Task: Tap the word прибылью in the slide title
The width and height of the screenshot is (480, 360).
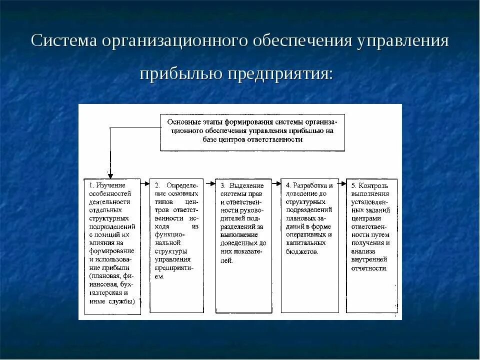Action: (x=180, y=74)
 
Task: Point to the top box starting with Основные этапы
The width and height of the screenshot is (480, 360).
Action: (x=252, y=132)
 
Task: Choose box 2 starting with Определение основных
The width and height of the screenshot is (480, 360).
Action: (x=177, y=245)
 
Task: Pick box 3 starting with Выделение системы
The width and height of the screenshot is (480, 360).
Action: (x=243, y=245)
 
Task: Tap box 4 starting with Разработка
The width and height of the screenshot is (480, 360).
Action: (x=309, y=245)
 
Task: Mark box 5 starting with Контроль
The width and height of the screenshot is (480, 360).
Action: (x=372, y=245)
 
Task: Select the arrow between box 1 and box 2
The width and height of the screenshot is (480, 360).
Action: (x=145, y=183)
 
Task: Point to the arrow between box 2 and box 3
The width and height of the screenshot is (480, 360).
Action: (x=210, y=183)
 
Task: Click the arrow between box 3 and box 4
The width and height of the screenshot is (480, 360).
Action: (x=276, y=183)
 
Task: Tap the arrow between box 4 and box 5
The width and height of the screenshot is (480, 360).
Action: (x=342, y=183)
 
